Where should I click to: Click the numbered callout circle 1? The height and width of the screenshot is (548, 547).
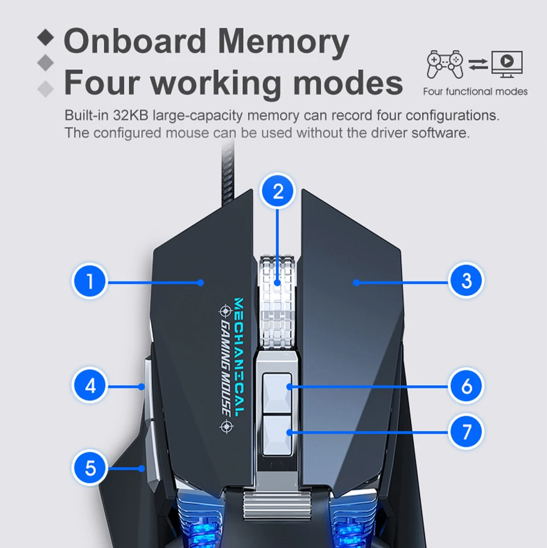[x=89, y=282]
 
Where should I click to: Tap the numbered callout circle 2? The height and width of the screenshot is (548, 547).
[x=278, y=191]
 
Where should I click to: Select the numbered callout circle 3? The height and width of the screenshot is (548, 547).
[x=466, y=281]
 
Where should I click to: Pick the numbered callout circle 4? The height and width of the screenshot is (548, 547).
[x=90, y=386]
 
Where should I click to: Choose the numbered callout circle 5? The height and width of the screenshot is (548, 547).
[x=90, y=468]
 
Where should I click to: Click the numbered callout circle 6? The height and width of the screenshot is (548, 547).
[x=466, y=386]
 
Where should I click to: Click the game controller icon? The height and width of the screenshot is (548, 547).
[x=445, y=64]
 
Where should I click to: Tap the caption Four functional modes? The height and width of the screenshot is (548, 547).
[x=475, y=92]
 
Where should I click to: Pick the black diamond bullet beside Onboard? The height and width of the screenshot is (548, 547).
[x=46, y=38]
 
